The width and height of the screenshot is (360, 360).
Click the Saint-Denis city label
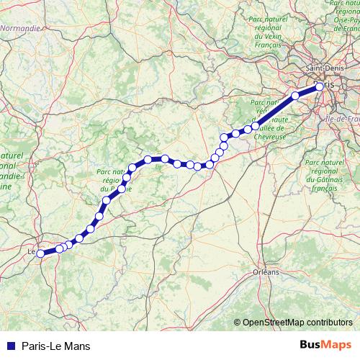pos(325,68)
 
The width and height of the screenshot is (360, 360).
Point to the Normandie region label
pos(21,28)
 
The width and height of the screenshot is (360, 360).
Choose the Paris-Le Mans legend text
pos(56,346)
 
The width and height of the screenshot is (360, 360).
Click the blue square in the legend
pos(11,346)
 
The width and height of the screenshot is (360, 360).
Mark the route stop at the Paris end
pos(319,88)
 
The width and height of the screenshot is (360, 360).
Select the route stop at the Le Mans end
pos(41,253)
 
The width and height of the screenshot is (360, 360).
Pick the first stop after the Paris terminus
pos(295,95)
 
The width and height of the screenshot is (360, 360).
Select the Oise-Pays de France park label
pos(348,18)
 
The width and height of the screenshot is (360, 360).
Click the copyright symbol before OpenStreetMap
pos(238,323)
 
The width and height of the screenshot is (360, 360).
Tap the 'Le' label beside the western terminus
pos(31,252)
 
